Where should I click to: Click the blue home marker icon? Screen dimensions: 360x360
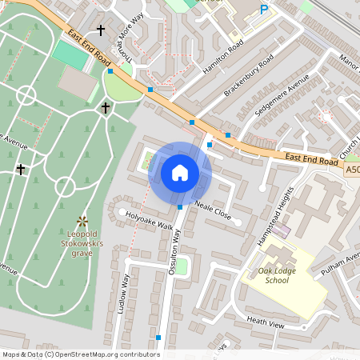coord(180,173)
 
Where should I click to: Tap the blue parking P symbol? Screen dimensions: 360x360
coord(264,10)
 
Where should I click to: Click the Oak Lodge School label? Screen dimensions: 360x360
coord(277,275)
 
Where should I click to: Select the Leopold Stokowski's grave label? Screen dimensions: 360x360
coord(81,243)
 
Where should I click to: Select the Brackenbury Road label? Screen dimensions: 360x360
coord(249,76)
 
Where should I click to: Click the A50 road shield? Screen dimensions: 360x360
coord(353,170)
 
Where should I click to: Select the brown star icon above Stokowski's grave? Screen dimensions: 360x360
coord(81,219)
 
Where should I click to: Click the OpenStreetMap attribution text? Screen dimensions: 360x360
coord(80,354)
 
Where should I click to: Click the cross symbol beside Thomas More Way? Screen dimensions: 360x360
coord(101,30)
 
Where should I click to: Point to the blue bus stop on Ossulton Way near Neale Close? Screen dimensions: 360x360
coord(180,206)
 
